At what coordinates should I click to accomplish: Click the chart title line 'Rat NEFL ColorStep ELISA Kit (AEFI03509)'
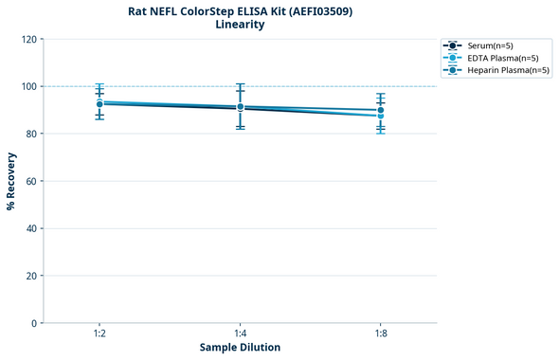(240, 11)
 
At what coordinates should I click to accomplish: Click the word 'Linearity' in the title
(240, 25)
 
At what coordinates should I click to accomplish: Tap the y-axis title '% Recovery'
(11, 180)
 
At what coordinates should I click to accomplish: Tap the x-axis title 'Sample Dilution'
(240, 348)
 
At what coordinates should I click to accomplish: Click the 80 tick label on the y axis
(32, 134)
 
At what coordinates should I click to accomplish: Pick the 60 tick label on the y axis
(32, 181)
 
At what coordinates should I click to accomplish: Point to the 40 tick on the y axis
(32, 228)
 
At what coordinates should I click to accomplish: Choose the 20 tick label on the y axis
(32, 276)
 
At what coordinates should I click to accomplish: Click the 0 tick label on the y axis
(35, 323)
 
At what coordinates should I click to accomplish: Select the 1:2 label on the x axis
(99, 333)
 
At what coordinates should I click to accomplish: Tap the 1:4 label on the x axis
(240, 333)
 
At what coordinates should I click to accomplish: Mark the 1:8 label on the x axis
(380, 333)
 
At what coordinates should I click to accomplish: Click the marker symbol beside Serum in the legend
(454, 45)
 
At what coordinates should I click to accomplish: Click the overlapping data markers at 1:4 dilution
(240, 107)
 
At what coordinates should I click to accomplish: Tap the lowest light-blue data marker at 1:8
(380, 116)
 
